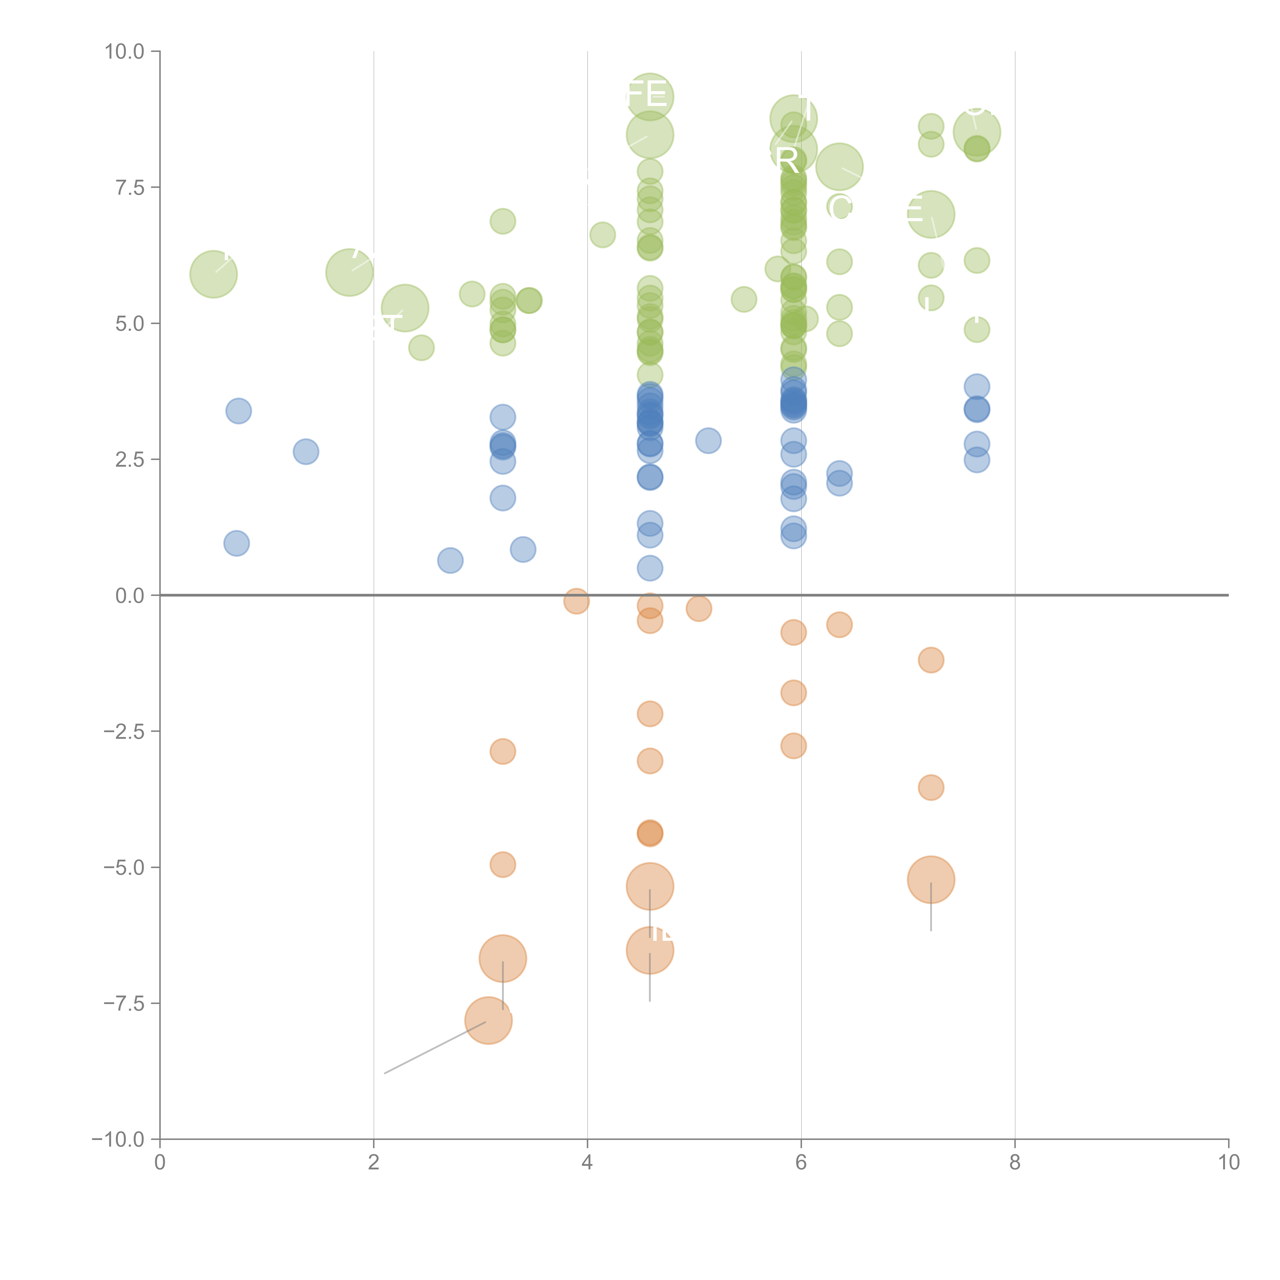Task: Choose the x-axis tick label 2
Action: pyautogui.click(x=374, y=1163)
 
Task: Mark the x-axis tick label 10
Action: pyautogui.click(x=1228, y=1163)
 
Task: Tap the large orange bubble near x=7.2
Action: pyautogui.click(x=931, y=880)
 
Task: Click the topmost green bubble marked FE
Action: pyautogui.click(x=650, y=97)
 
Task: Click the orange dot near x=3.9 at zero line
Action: pyautogui.click(x=577, y=601)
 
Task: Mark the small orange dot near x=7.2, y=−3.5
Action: pyautogui.click(x=931, y=788)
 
